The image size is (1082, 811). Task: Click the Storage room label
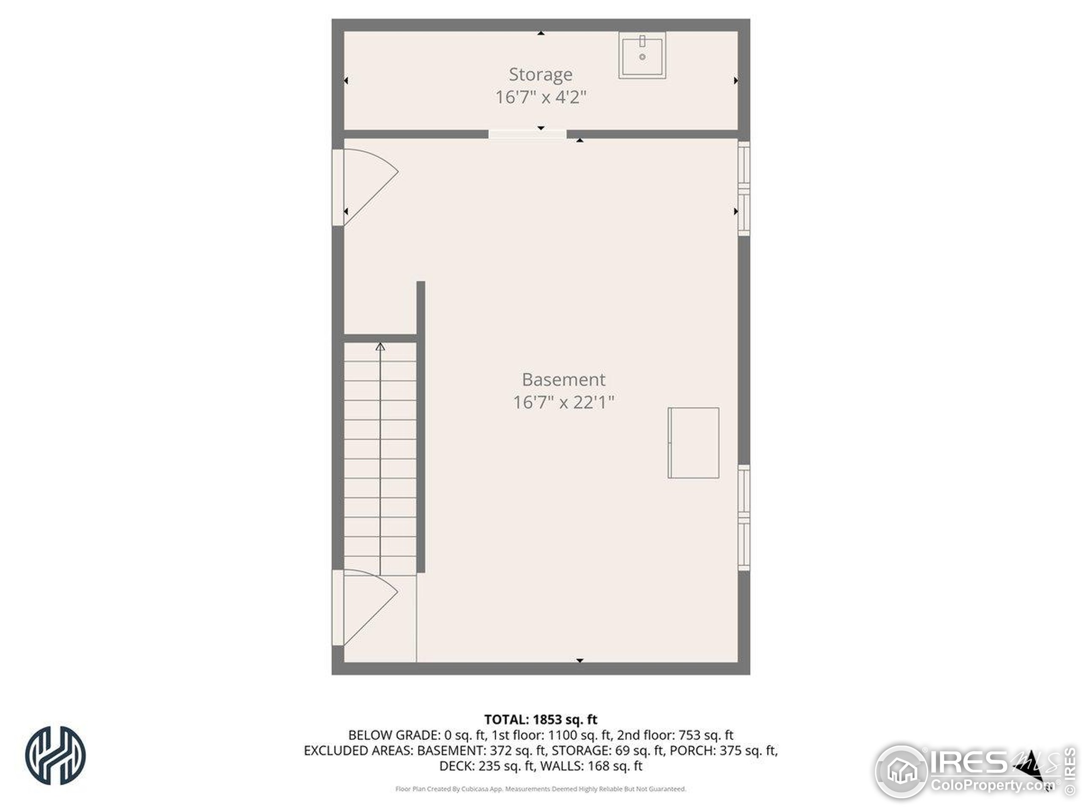click(541, 74)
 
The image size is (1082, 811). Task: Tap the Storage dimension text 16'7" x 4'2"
click(541, 97)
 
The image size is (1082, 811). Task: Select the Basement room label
click(563, 379)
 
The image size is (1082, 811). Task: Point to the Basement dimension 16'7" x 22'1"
click(563, 402)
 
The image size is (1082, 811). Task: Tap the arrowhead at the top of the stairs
click(380, 347)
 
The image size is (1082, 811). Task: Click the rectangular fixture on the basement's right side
click(693, 442)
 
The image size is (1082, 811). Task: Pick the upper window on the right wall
click(743, 188)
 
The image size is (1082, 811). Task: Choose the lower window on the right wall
click(743, 517)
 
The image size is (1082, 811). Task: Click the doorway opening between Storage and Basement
click(527, 134)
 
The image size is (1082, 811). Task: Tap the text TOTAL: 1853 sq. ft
click(541, 719)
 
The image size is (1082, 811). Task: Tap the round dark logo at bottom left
click(55, 755)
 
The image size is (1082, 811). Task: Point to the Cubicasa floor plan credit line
click(541, 789)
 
